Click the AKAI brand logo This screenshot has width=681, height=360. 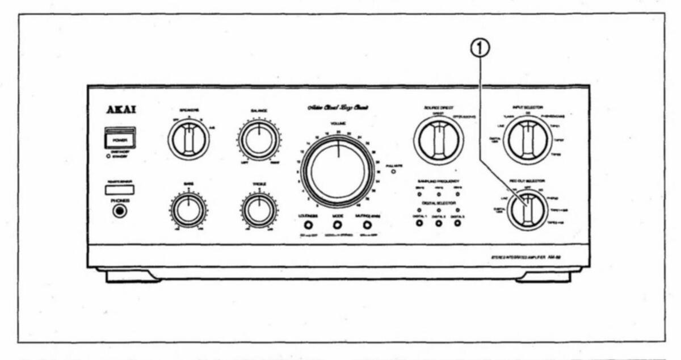click(120, 111)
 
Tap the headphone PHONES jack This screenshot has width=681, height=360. click(119, 211)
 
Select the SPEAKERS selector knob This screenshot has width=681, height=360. click(188, 139)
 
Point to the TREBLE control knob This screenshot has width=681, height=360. click(259, 210)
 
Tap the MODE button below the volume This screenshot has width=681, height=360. click(337, 224)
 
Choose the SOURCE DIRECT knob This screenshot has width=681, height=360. click(438, 140)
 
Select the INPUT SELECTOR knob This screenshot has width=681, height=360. click(528, 140)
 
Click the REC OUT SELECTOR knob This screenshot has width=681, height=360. click(527, 210)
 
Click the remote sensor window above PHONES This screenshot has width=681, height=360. click(120, 190)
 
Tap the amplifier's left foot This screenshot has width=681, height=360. click(126, 277)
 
